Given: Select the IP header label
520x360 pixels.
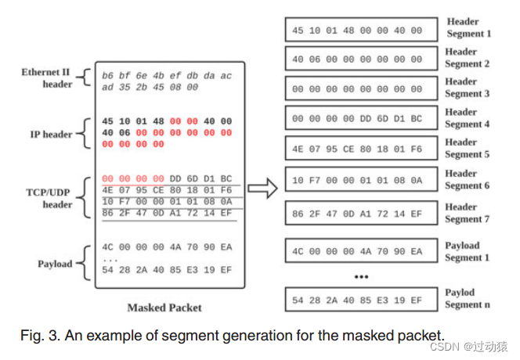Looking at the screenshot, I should click(x=51, y=134).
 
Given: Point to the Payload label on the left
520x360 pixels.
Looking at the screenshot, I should click(x=55, y=264).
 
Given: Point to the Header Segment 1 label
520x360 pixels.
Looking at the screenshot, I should click(x=468, y=27).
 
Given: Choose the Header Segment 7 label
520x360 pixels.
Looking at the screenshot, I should click(x=468, y=213).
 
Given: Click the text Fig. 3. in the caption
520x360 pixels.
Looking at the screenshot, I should click(x=39, y=335).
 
